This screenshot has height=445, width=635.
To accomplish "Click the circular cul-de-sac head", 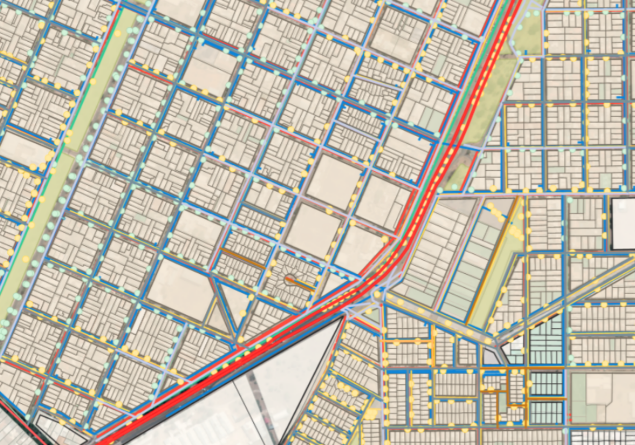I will [290, 280].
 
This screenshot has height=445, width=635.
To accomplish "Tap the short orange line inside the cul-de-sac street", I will [302, 285].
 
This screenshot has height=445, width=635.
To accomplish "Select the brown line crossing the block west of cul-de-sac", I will [243, 259].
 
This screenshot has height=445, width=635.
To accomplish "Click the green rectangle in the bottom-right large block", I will [578, 397].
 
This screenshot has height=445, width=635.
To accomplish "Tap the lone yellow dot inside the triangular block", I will [243, 313].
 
